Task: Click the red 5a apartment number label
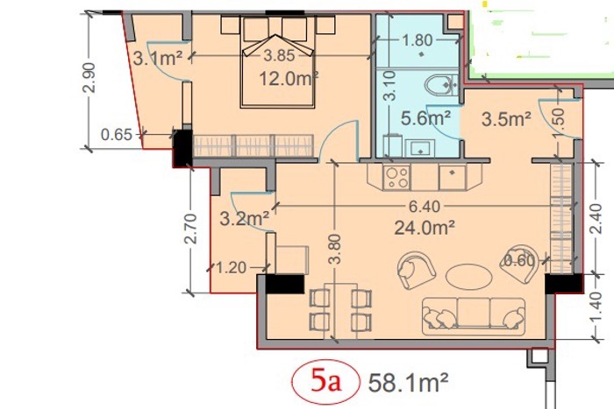pyautogui.click(x=325, y=382)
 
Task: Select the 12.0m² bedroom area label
pyautogui.click(x=289, y=79)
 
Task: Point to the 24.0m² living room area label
pyautogui.click(x=425, y=227)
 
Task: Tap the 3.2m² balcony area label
pyautogui.click(x=245, y=219)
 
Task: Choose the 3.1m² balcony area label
pyautogui.click(x=157, y=59)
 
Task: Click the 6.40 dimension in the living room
pyautogui.click(x=425, y=207)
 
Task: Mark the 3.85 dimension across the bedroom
pyautogui.click(x=279, y=55)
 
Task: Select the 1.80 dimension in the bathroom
pyautogui.click(x=418, y=40)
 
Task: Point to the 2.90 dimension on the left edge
pyautogui.click(x=89, y=77)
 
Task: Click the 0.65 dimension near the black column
pyautogui.click(x=117, y=135)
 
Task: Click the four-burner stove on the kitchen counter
pyautogui.click(x=396, y=178)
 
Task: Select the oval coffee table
pyautogui.click(x=468, y=277)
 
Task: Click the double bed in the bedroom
pyautogui.click(x=278, y=62)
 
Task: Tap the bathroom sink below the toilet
pyautogui.click(x=420, y=149)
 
